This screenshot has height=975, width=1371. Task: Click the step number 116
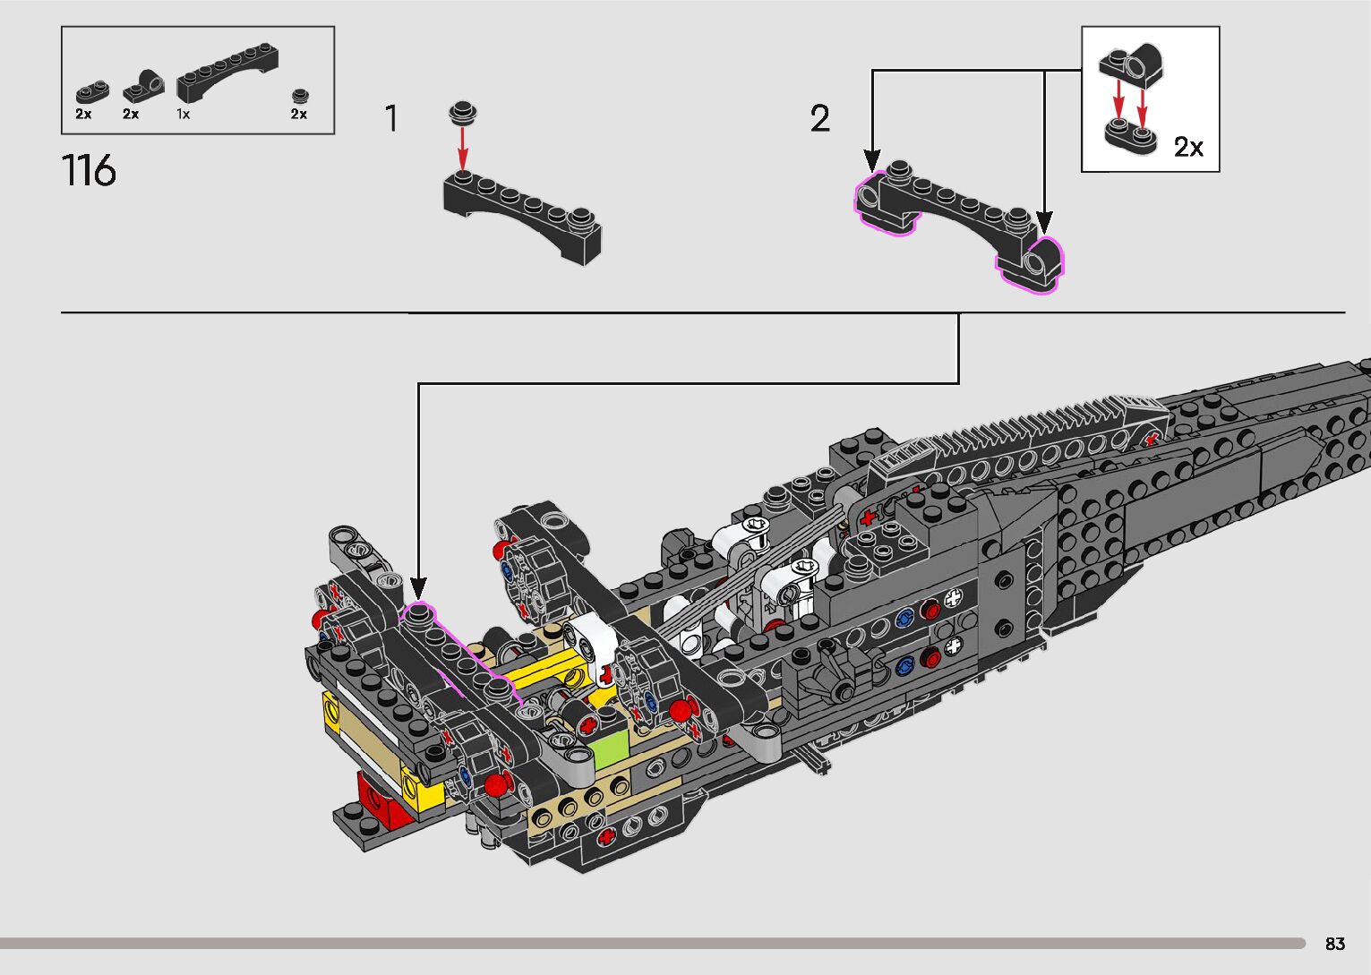coord(89,170)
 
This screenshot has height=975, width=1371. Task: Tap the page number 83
coord(1335,944)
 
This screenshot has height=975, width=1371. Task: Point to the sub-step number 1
coord(391,118)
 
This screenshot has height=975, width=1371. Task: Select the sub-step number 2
coord(820,118)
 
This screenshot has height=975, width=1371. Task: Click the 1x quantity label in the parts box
coord(183,114)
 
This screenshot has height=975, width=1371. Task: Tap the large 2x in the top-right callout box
coord(1188,147)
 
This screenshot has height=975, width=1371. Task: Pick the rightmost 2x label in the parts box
coord(299,114)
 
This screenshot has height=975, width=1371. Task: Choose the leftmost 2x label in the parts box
coord(83,114)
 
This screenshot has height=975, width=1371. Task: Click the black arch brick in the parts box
coord(227,72)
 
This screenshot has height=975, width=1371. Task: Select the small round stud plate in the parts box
coord(300,96)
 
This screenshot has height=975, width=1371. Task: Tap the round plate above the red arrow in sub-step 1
coord(463,113)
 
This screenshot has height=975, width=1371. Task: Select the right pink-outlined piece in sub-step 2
coord(1032,265)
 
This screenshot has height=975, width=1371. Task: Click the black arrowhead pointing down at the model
coord(418,588)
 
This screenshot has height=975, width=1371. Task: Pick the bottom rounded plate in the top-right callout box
coord(1130,136)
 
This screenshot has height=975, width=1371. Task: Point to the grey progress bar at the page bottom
coord(653,943)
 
